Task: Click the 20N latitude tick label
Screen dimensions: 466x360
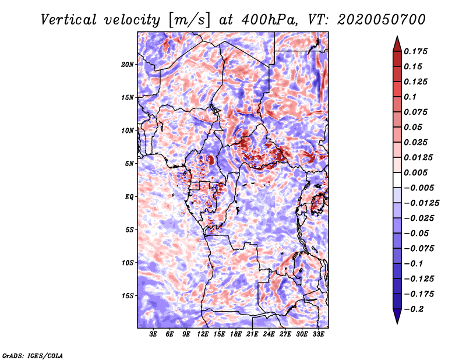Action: click(128, 65)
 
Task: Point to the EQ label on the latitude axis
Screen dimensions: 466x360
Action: click(129, 197)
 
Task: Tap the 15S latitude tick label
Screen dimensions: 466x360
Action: click(128, 296)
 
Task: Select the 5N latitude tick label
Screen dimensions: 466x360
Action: click(129, 164)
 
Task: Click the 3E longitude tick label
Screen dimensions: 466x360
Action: click(153, 334)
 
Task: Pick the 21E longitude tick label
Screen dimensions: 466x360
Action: click(252, 334)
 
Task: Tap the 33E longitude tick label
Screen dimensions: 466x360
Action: click(318, 334)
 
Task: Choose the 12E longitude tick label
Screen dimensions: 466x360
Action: click(203, 334)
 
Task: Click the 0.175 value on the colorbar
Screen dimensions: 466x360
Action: click(415, 51)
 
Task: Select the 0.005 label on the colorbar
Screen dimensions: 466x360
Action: click(415, 172)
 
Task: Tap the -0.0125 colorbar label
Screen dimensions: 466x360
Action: click(421, 203)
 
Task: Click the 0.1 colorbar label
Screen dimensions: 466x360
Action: click(410, 97)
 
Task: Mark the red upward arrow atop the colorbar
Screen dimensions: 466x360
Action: click(397, 44)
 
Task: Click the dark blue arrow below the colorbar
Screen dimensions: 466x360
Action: click(397, 316)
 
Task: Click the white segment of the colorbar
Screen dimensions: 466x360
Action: click(397, 180)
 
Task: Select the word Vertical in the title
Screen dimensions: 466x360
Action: click(69, 20)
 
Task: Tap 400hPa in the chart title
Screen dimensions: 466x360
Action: click(269, 20)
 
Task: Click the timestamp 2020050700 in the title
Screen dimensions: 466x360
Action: click(382, 20)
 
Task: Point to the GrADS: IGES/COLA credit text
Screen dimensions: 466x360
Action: click(33, 356)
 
